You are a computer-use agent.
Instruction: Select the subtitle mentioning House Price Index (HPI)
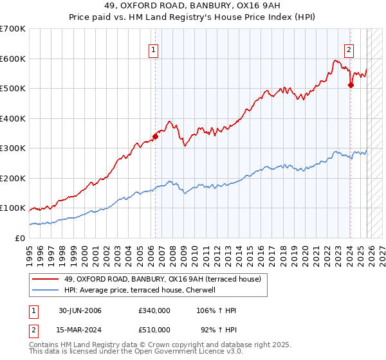point(192,18)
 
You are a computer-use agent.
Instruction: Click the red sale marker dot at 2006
point(155,136)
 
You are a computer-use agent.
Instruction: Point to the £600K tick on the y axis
point(13,59)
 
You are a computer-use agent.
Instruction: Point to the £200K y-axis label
point(13,178)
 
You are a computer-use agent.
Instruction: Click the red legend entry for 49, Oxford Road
point(162,279)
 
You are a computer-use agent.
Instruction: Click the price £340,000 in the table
point(154,310)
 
